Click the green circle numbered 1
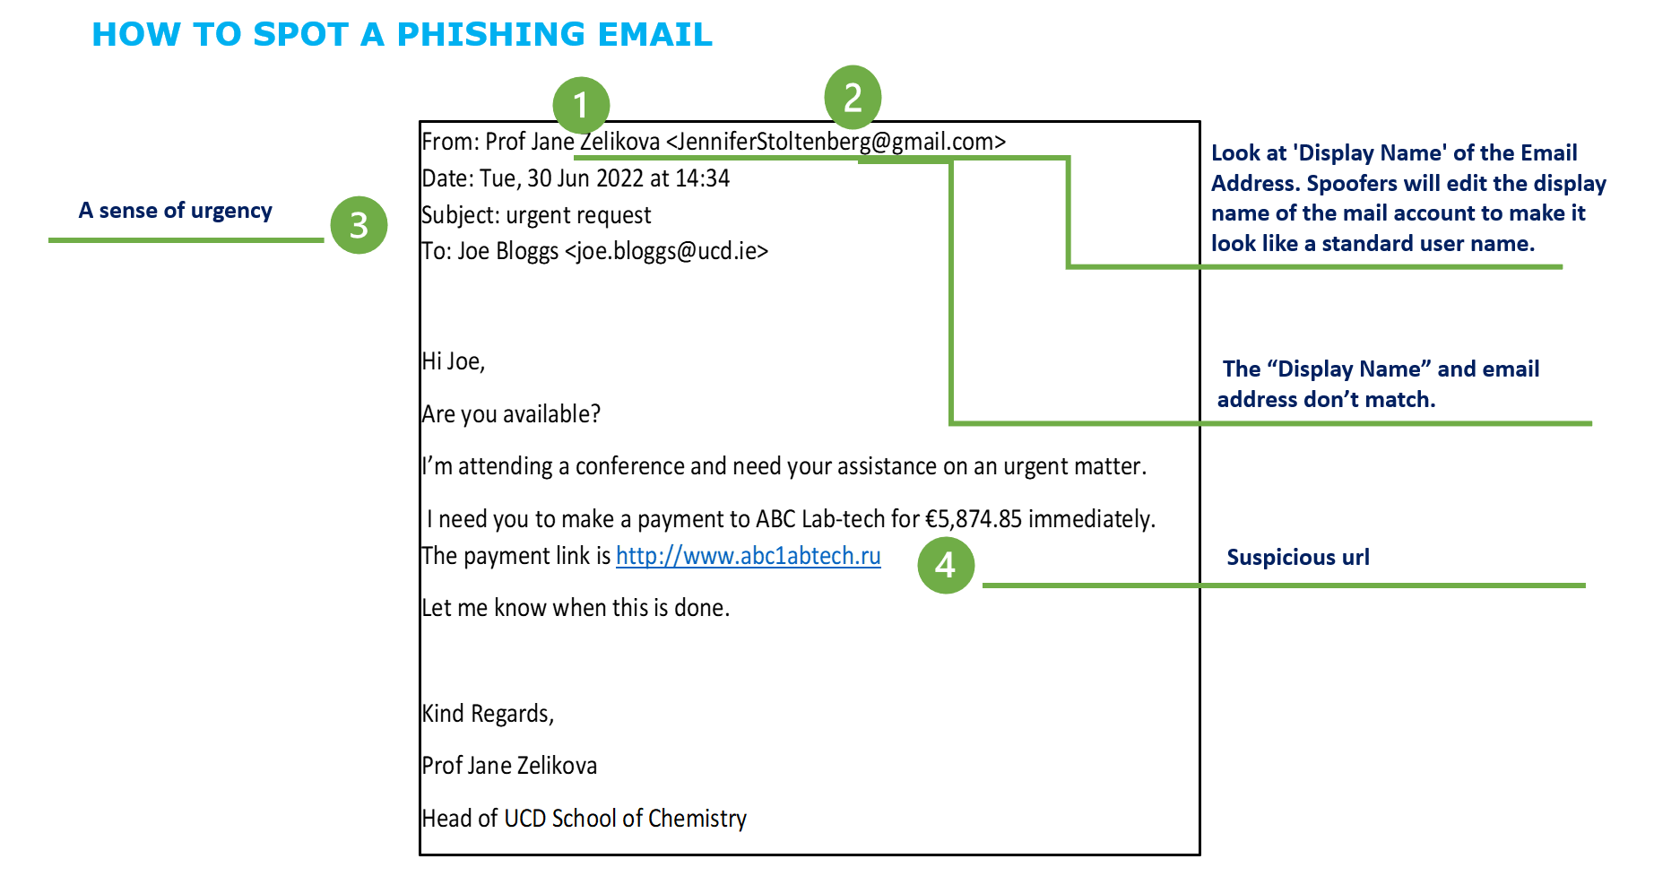581,105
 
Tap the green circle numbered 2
853,97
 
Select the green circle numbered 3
359,225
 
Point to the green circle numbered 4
946,565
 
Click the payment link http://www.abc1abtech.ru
748,556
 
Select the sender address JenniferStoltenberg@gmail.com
836,142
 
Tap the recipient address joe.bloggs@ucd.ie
666,251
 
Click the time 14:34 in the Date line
702,178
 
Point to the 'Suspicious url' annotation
1297,558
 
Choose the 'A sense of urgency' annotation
175,211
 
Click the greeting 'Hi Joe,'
454,361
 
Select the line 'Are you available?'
511,414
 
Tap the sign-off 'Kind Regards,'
489,714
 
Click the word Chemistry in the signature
697,819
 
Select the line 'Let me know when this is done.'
576,608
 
